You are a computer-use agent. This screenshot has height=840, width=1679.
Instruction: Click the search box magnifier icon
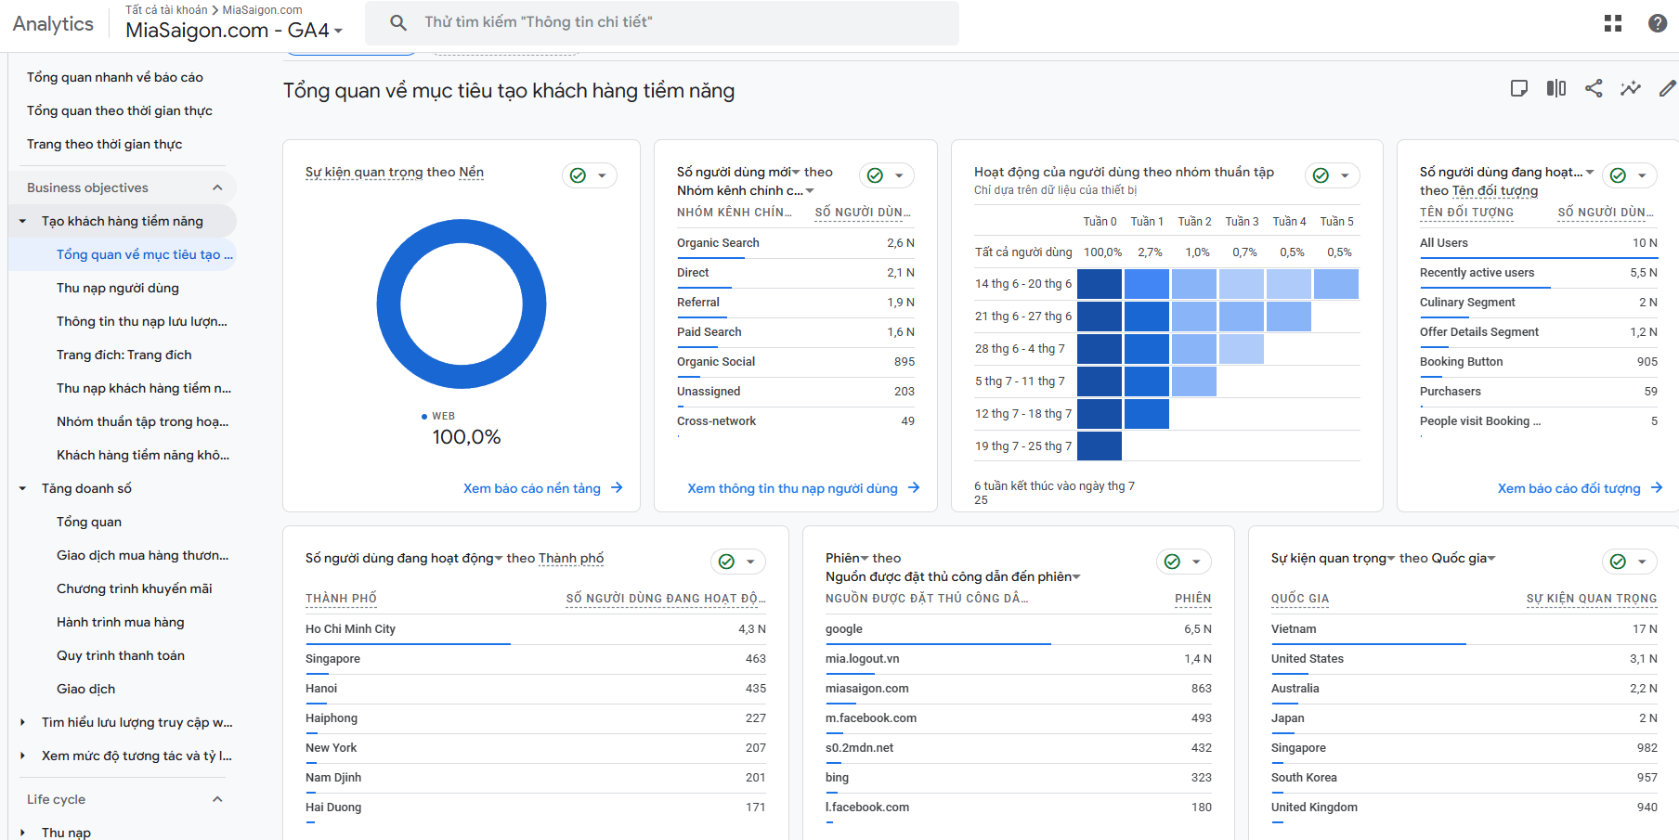pos(398,22)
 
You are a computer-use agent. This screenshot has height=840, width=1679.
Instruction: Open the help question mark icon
pos(1658,23)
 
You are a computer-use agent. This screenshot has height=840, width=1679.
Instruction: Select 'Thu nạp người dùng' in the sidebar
pos(118,288)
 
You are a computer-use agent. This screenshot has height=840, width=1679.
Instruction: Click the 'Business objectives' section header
pos(87,187)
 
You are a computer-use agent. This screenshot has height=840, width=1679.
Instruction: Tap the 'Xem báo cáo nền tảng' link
pos(532,488)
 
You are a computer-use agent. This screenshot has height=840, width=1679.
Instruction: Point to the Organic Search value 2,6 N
pos(901,243)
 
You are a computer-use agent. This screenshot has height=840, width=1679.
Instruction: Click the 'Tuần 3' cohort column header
pos(1242,222)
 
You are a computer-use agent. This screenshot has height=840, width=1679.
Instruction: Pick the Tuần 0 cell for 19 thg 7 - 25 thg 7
pos(1100,446)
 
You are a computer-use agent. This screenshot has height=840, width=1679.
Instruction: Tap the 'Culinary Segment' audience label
pos(1467,303)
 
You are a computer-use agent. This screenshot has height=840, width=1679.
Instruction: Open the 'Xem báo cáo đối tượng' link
pos(1569,488)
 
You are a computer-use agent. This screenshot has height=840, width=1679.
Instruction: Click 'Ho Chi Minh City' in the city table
pos(350,629)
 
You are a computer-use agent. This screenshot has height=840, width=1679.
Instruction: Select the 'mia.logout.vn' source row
pos(863,659)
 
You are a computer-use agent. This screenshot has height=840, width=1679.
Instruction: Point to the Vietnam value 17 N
pos(1645,629)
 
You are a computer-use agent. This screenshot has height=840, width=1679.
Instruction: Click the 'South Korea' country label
pos(1304,778)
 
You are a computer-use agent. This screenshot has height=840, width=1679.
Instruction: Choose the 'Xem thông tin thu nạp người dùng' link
pos(792,488)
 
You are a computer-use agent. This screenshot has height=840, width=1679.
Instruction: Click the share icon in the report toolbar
pos(1594,88)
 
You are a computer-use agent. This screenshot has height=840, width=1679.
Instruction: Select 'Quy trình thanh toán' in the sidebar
pos(121,655)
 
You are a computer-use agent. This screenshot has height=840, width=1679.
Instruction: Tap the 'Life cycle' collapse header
pos(56,799)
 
